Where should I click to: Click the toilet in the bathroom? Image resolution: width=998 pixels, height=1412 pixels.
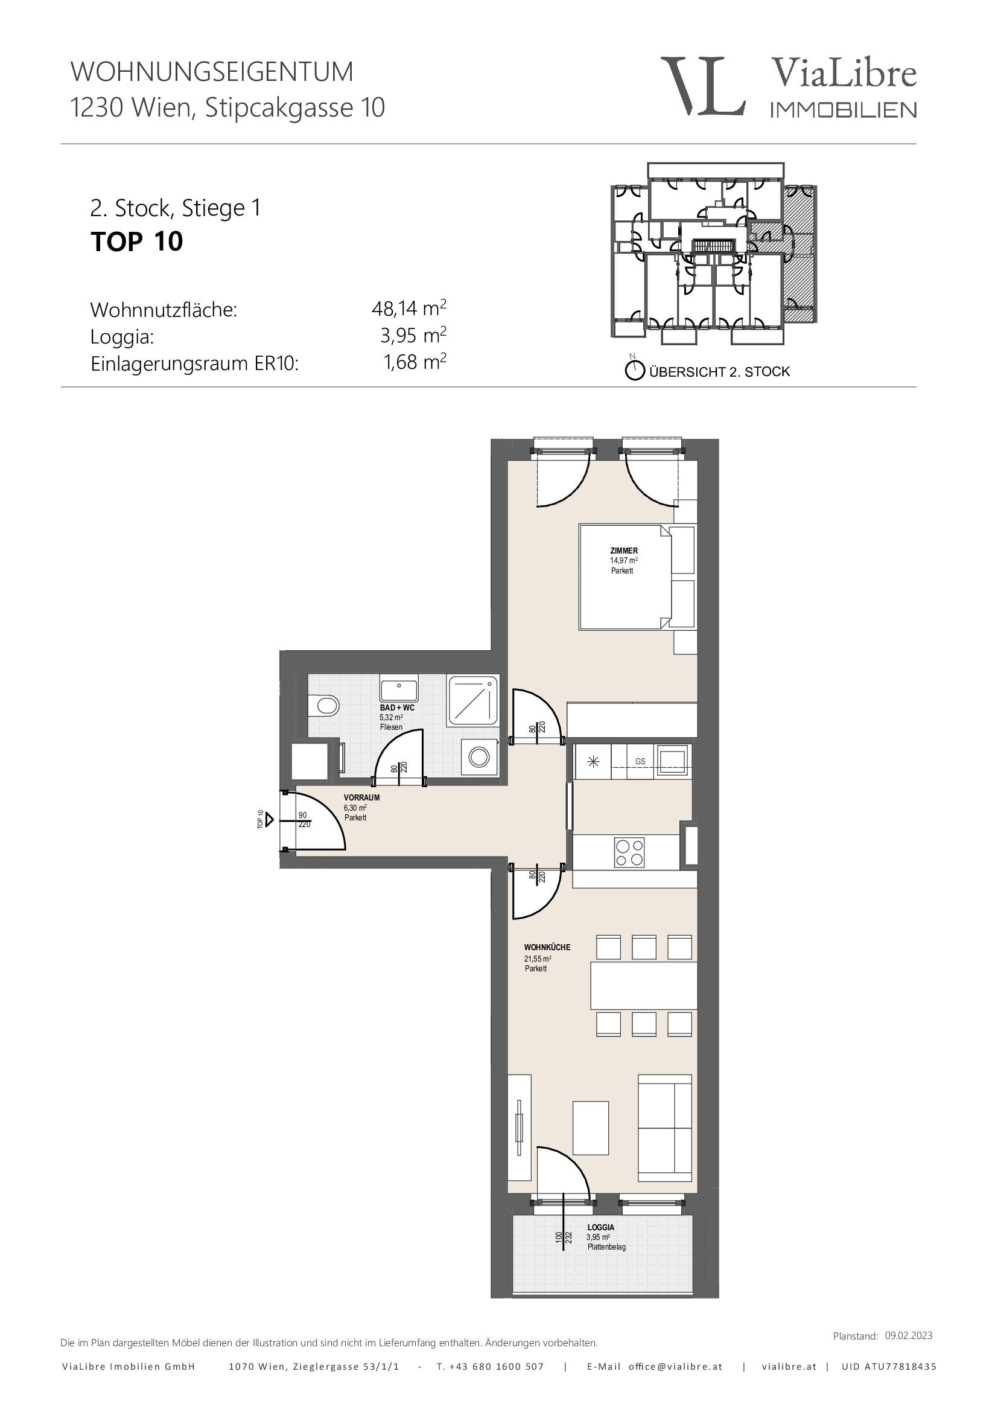coord(323,704)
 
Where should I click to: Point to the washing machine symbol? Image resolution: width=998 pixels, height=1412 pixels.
coord(479,756)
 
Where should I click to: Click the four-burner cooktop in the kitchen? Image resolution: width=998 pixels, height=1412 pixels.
coord(629,852)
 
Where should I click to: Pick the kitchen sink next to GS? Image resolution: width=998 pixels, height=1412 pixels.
coord(674,761)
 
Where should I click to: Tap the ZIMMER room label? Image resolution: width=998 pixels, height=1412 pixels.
coord(624,551)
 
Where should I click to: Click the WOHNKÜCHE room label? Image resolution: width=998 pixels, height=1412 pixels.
coord(547,948)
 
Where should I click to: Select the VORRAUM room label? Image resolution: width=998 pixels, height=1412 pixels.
coord(361,797)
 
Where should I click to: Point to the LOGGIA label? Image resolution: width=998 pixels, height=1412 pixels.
coord(600,1227)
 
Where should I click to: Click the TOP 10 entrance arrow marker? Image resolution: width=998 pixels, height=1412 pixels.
coord(269,820)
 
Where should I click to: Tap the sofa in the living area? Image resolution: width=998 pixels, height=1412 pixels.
coord(665,1128)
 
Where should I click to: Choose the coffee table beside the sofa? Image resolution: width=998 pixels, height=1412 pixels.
coord(591,1128)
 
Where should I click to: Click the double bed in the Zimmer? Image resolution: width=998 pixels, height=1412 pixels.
coord(625,577)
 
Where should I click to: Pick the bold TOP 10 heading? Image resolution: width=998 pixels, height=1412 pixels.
coord(136,241)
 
